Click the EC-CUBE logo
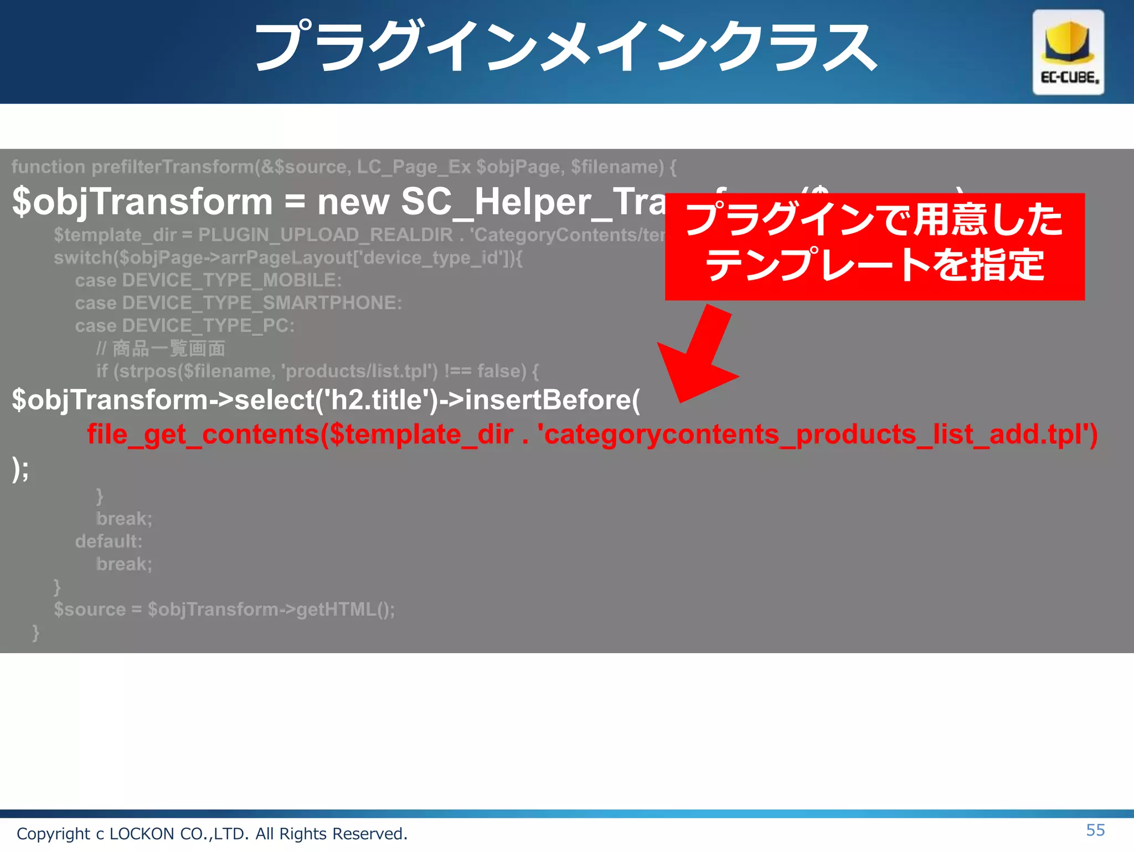[1068, 52]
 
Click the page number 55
[1095, 830]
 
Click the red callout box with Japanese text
[874, 246]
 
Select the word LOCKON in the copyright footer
[142, 834]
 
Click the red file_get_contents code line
[592, 434]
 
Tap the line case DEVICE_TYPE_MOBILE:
[208, 280]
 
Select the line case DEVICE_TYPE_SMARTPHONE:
[238, 303]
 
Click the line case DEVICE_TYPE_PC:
[184, 326]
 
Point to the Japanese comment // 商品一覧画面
[161, 348]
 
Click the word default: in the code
[109, 541]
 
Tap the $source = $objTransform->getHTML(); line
[224, 609]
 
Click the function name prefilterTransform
[172, 167]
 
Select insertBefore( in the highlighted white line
[552, 400]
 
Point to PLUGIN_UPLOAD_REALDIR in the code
[326, 235]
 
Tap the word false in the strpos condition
[501, 371]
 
